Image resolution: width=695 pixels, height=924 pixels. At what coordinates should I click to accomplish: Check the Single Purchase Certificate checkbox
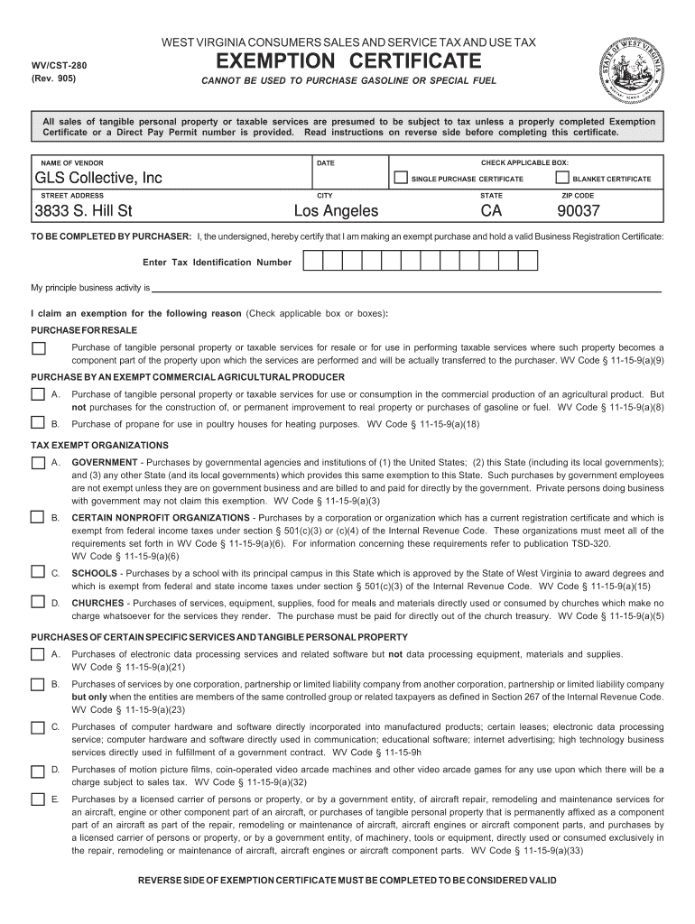(400, 178)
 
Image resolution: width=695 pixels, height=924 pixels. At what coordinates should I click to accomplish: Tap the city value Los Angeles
(337, 212)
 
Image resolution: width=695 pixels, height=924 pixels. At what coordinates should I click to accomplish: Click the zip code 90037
(578, 212)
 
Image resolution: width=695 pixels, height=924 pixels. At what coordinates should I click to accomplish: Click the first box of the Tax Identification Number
(310, 262)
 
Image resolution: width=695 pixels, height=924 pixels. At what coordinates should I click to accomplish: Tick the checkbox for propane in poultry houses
(38, 422)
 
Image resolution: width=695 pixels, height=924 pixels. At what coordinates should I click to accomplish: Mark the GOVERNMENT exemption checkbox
(38, 463)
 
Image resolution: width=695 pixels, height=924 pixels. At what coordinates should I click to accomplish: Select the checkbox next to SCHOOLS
(38, 572)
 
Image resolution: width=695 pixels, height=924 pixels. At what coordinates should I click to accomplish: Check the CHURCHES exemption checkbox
(38, 601)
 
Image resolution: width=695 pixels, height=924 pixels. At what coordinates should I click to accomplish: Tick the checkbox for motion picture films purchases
(38, 771)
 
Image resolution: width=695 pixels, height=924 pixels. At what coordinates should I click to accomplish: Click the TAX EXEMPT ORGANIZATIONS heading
(100, 446)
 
